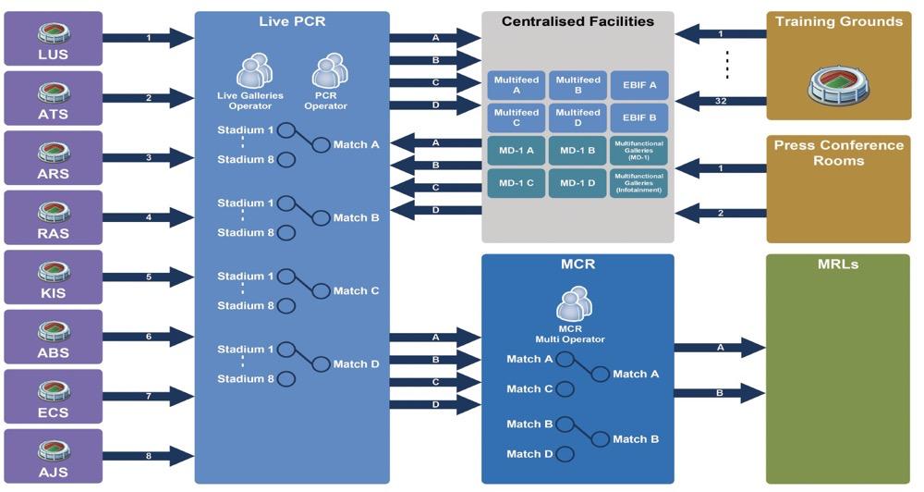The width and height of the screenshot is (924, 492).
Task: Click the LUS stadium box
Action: click(54, 39)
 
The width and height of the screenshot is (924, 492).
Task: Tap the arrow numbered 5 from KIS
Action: click(148, 277)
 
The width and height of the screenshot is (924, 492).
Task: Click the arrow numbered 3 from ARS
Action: click(148, 158)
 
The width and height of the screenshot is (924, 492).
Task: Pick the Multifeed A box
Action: click(517, 86)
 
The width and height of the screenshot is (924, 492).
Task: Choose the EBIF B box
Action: click(640, 118)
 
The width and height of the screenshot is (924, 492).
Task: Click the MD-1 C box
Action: click(517, 183)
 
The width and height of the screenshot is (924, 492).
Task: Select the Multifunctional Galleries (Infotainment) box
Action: click(640, 183)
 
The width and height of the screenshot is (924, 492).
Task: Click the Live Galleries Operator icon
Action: click(255, 72)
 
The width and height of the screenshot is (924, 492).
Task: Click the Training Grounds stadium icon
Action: click(837, 84)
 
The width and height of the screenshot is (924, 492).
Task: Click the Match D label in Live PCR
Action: click(356, 364)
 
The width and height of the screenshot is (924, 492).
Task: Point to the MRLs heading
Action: click(837, 264)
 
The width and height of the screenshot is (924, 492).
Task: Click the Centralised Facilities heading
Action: click(577, 21)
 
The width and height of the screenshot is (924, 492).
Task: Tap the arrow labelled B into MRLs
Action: click(719, 392)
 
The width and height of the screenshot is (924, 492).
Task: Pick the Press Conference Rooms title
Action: click(838, 153)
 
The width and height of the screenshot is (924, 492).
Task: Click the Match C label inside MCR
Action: click(529, 389)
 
